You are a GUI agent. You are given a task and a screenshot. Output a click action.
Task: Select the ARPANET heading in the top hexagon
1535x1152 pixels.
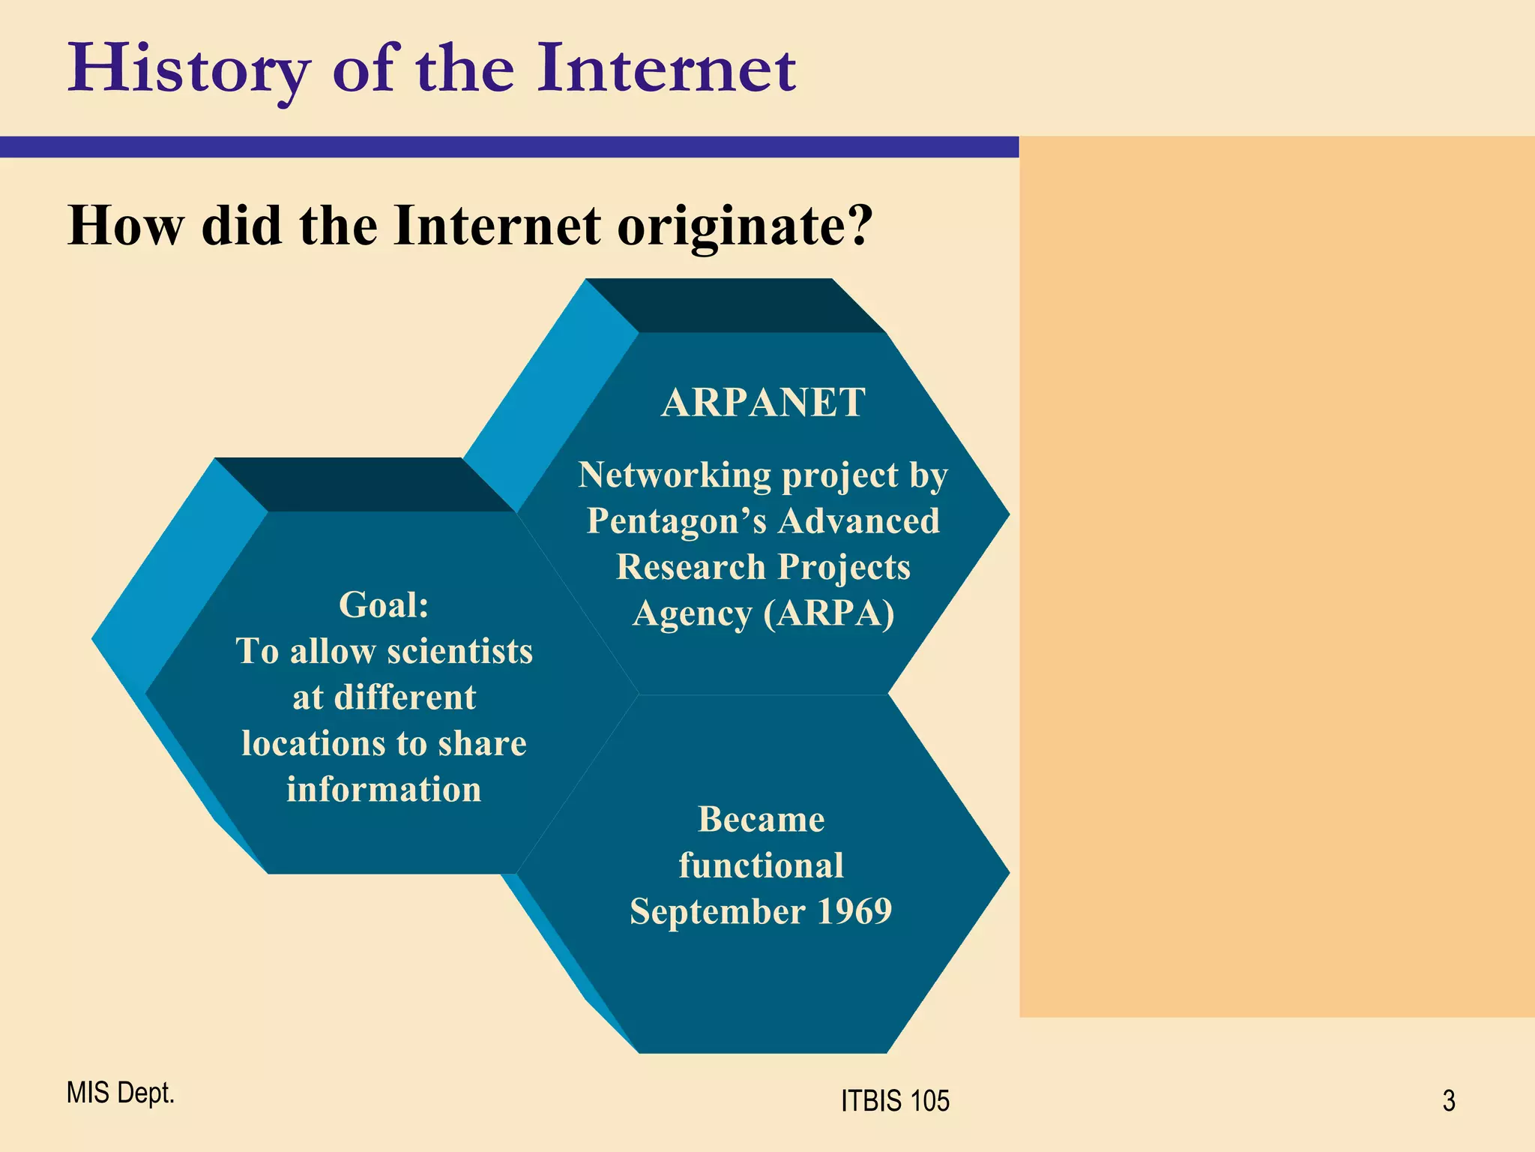click(763, 403)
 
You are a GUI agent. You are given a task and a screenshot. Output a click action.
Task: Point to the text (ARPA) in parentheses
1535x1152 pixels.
click(829, 613)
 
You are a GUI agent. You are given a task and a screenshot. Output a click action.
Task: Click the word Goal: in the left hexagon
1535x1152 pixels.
click(384, 604)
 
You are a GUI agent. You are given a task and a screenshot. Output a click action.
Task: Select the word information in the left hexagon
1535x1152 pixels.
click(384, 790)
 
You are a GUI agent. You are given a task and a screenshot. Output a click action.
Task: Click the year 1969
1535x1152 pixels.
click(854, 911)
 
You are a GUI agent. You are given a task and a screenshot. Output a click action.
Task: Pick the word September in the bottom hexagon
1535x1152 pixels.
click(717, 911)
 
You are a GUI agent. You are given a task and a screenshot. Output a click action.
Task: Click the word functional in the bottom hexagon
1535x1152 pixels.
click(761, 865)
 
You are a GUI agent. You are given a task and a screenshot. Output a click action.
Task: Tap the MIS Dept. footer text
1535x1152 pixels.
click(120, 1093)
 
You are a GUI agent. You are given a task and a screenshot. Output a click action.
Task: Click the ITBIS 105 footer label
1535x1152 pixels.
click(895, 1101)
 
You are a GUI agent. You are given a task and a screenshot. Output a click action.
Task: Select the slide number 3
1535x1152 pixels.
click(1448, 1101)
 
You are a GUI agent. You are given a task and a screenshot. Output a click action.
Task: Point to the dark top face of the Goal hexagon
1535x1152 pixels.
click(365, 484)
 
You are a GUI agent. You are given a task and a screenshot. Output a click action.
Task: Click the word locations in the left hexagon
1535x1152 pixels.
click(313, 744)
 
